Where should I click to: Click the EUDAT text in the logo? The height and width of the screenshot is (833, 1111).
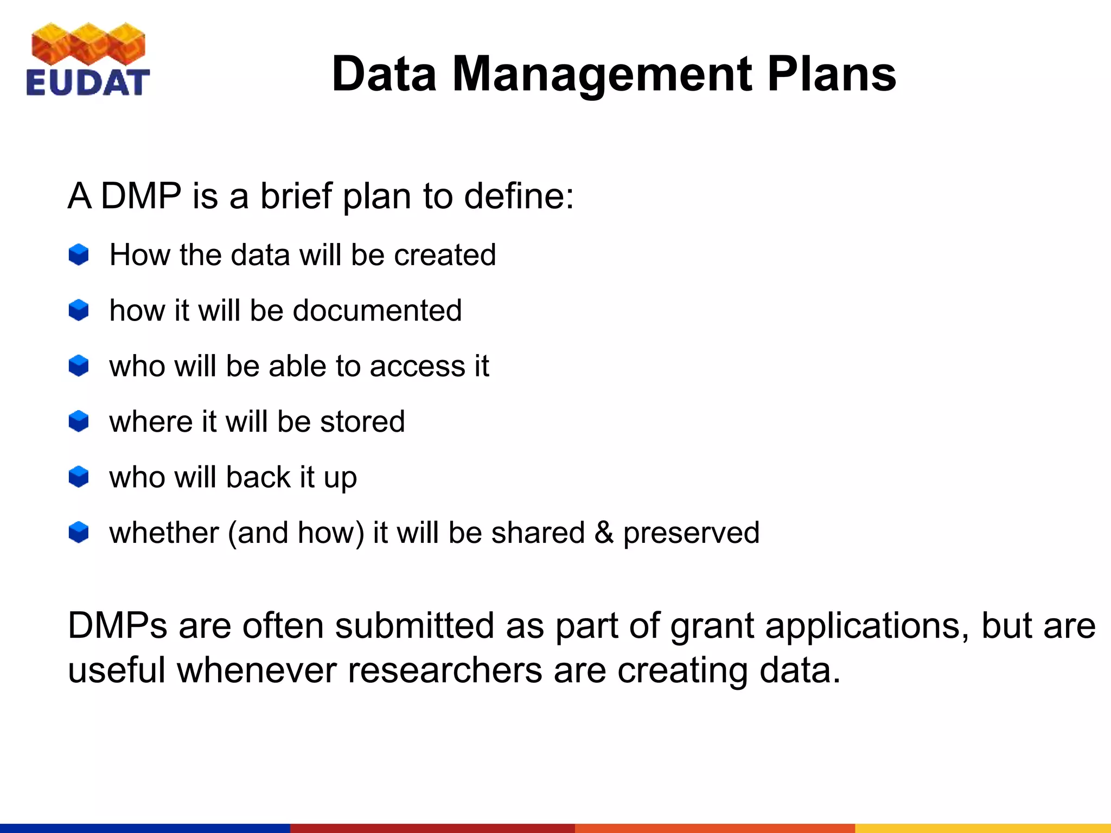point(87,83)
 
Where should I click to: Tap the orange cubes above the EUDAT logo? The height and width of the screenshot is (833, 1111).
point(88,43)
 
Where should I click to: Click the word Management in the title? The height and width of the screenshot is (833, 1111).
point(602,74)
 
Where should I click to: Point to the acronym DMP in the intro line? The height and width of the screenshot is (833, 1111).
point(141,196)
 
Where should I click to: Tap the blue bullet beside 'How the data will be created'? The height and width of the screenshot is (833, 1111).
point(79,254)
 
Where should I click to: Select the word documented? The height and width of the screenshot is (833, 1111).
point(378,311)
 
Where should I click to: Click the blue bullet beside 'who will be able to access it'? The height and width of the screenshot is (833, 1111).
point(79,366)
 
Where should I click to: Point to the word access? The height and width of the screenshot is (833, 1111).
point(418,367)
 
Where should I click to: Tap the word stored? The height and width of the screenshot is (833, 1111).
point(362,422)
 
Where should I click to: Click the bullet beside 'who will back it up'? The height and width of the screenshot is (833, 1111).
point(79,477)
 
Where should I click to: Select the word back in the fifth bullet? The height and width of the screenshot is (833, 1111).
point(258,477)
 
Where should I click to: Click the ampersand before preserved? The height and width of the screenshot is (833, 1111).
point(604,533)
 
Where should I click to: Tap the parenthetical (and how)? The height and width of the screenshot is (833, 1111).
point(296,533)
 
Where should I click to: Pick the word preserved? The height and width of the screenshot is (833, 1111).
point(691,534)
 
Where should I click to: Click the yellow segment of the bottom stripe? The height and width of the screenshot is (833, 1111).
point(982,828)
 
